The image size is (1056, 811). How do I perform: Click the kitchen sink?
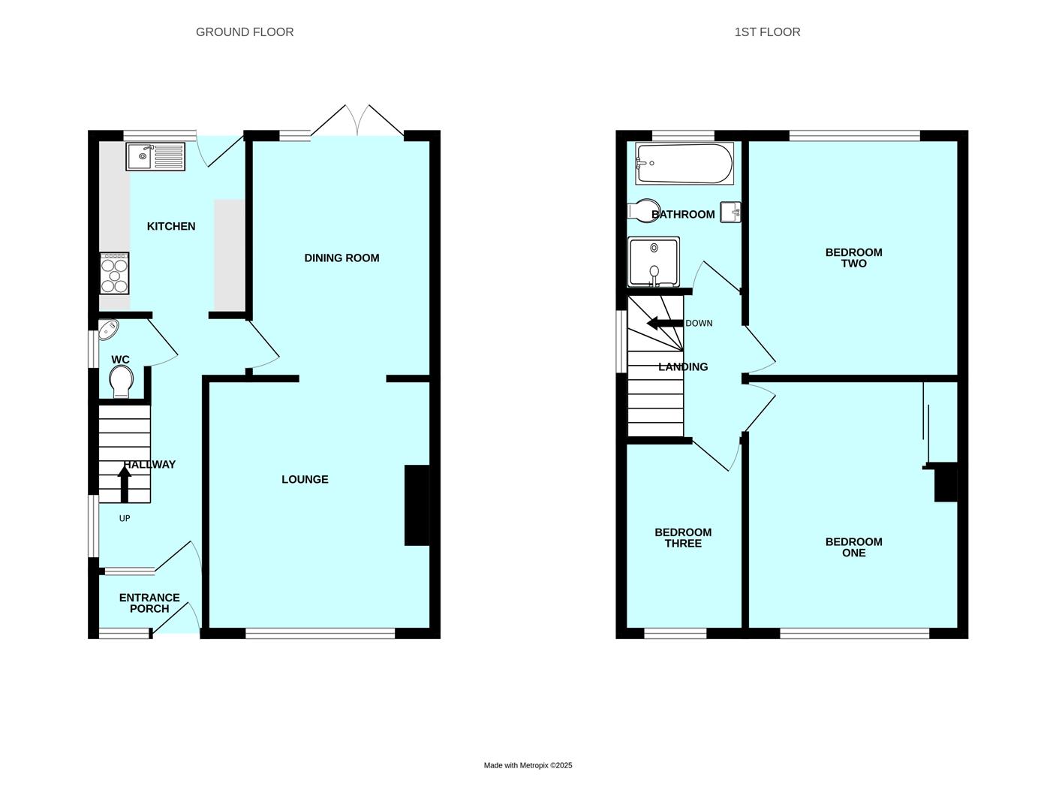click(x=155, y=156)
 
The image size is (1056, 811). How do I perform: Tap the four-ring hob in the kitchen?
click(x=114, y=273)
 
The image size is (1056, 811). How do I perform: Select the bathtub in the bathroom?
click(x=684, y=163)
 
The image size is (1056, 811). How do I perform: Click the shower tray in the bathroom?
click(x=654, y=261)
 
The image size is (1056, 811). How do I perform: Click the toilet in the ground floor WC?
click(x=120, y=384)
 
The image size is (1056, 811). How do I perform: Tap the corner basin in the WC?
click(x=107, y=329)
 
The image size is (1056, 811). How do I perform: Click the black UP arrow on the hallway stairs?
click(x=125, y=484)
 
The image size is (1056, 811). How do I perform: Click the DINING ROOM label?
click(x=341, y=258)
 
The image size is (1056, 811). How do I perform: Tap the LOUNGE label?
click(x=305, y=479)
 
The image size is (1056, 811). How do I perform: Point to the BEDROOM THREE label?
click(x=683, y=538)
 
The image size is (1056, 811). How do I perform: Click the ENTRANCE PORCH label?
click(x=149, y=603)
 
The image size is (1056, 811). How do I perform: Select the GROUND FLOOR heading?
click(x=245, y=32)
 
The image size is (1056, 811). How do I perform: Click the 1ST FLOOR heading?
click(x=767, y=32)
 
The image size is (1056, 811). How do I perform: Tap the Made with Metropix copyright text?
click(x=528, y=765)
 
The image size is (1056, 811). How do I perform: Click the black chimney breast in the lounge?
click(x=417, y=505)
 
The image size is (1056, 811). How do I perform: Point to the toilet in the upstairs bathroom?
click(x=643, y=210)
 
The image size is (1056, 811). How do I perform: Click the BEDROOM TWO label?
click(x=853, y=258)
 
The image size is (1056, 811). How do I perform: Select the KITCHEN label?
click(x=171, y=226)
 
